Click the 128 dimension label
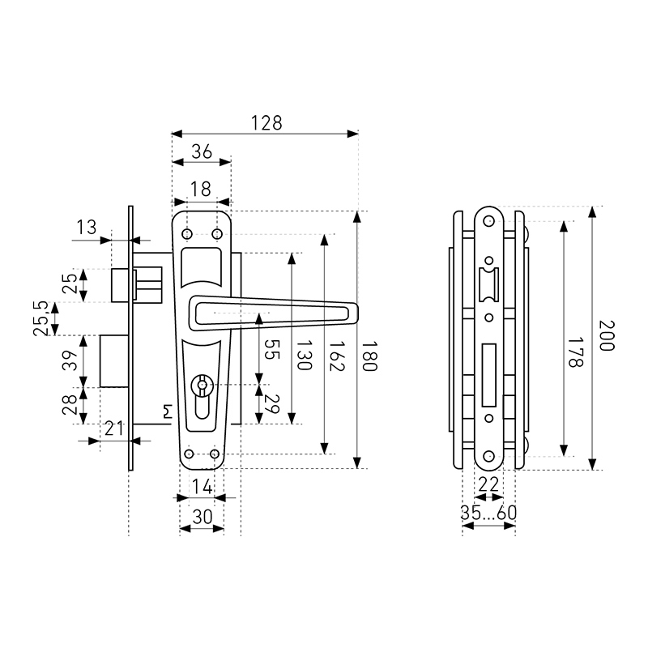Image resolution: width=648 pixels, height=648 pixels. coord(266,123)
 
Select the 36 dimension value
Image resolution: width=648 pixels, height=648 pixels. coord(202,151)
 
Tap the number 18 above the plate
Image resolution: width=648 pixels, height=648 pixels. coord(201,189)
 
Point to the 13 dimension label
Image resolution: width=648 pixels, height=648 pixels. coord(87,227)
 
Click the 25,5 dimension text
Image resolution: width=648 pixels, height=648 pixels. coord(40,318)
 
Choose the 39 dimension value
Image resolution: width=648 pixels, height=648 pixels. coord(70,360)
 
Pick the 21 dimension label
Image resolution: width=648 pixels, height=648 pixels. coord(114,428)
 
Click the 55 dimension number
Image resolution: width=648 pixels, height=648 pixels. coord(271,349)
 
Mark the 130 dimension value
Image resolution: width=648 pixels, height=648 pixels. coord(305,355)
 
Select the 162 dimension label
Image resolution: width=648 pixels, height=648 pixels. coord(336,356)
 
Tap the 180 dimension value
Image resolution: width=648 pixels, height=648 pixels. coord(369,356)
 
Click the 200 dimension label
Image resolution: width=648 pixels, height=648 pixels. coord(607,335)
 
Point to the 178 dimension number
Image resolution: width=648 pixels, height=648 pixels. coord(575,352)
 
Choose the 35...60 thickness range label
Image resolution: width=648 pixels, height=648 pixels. coord(488,513)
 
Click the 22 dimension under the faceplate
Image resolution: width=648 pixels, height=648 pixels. coord(488,484)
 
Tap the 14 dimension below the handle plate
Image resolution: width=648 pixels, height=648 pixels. coord(202,487)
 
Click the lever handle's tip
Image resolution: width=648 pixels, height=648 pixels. coord(357,313)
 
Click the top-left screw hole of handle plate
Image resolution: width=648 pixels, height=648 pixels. coord(187,234)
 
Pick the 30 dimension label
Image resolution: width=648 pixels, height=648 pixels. coord(202,517)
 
